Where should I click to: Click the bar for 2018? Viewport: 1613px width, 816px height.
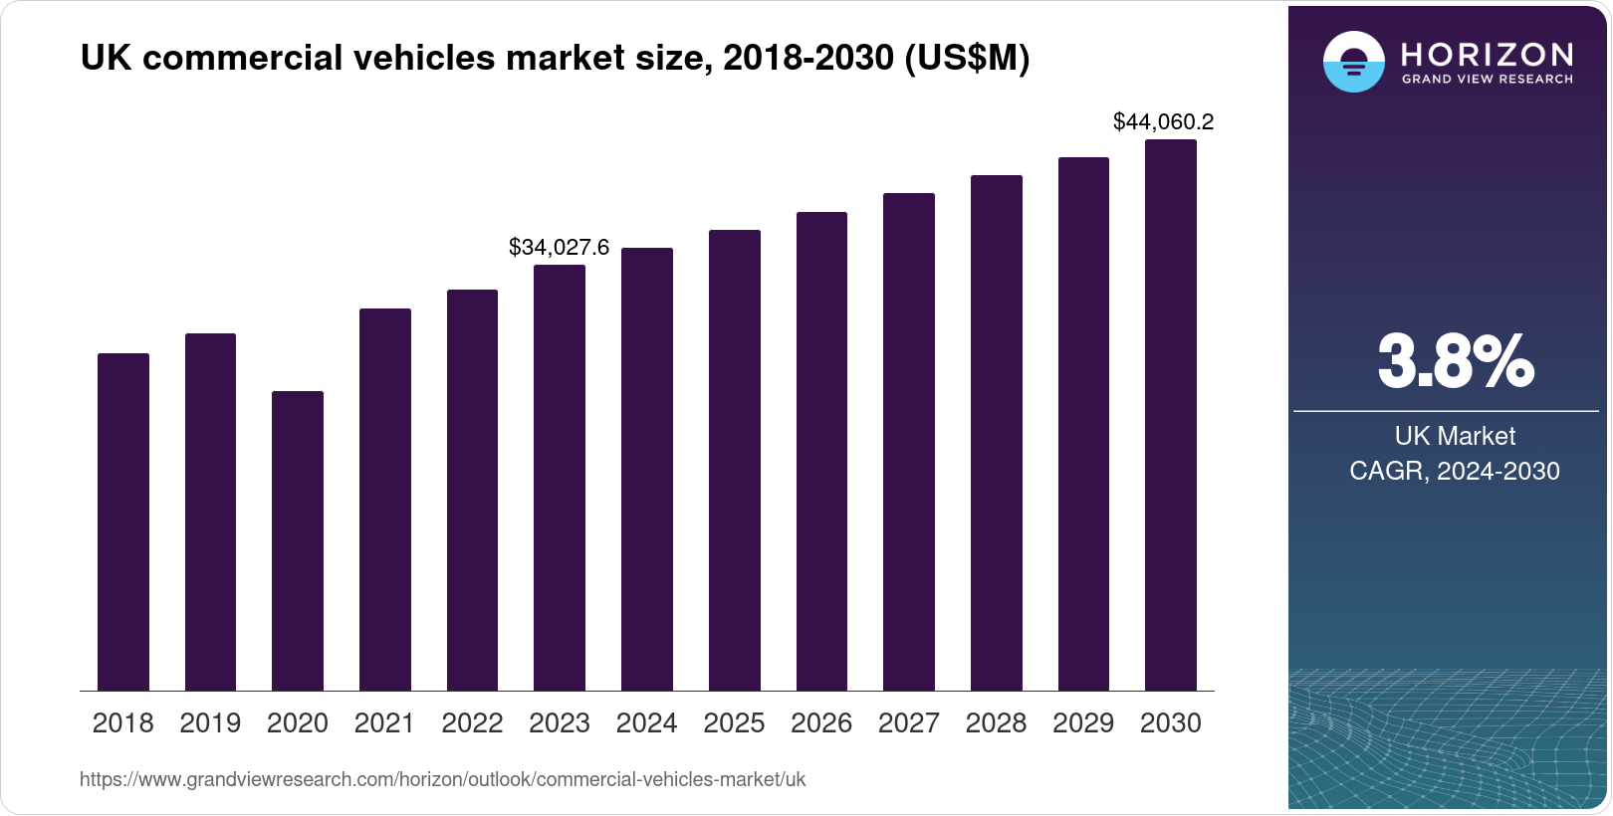(122, 521)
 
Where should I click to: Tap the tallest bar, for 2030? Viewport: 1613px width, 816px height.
(1170, 415)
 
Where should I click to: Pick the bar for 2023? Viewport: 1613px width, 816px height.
(559, 478)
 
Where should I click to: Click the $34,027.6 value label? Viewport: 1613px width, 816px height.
(559, 247)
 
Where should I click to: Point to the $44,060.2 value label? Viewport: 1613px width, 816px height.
(1163, 121)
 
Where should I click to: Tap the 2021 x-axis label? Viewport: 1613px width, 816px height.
(384, 723)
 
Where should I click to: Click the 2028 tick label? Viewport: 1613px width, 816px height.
(996, 723)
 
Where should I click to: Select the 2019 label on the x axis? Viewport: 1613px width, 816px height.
(210, 723)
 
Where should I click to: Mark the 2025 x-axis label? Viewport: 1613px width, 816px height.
(734, 723)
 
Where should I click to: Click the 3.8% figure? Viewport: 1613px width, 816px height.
(1455, 361)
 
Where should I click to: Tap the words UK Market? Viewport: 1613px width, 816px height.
(1455, 436)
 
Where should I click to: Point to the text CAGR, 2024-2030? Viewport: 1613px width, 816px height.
(1455, 471)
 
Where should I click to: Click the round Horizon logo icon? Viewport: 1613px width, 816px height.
(1353, 62)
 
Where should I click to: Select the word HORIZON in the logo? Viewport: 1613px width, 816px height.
(1487, 53)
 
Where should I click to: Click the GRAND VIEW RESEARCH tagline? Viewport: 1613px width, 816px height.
(1487, 79)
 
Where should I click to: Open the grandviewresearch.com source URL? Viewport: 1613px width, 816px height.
(442, 779)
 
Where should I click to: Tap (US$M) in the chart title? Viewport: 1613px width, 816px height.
(966, 58)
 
